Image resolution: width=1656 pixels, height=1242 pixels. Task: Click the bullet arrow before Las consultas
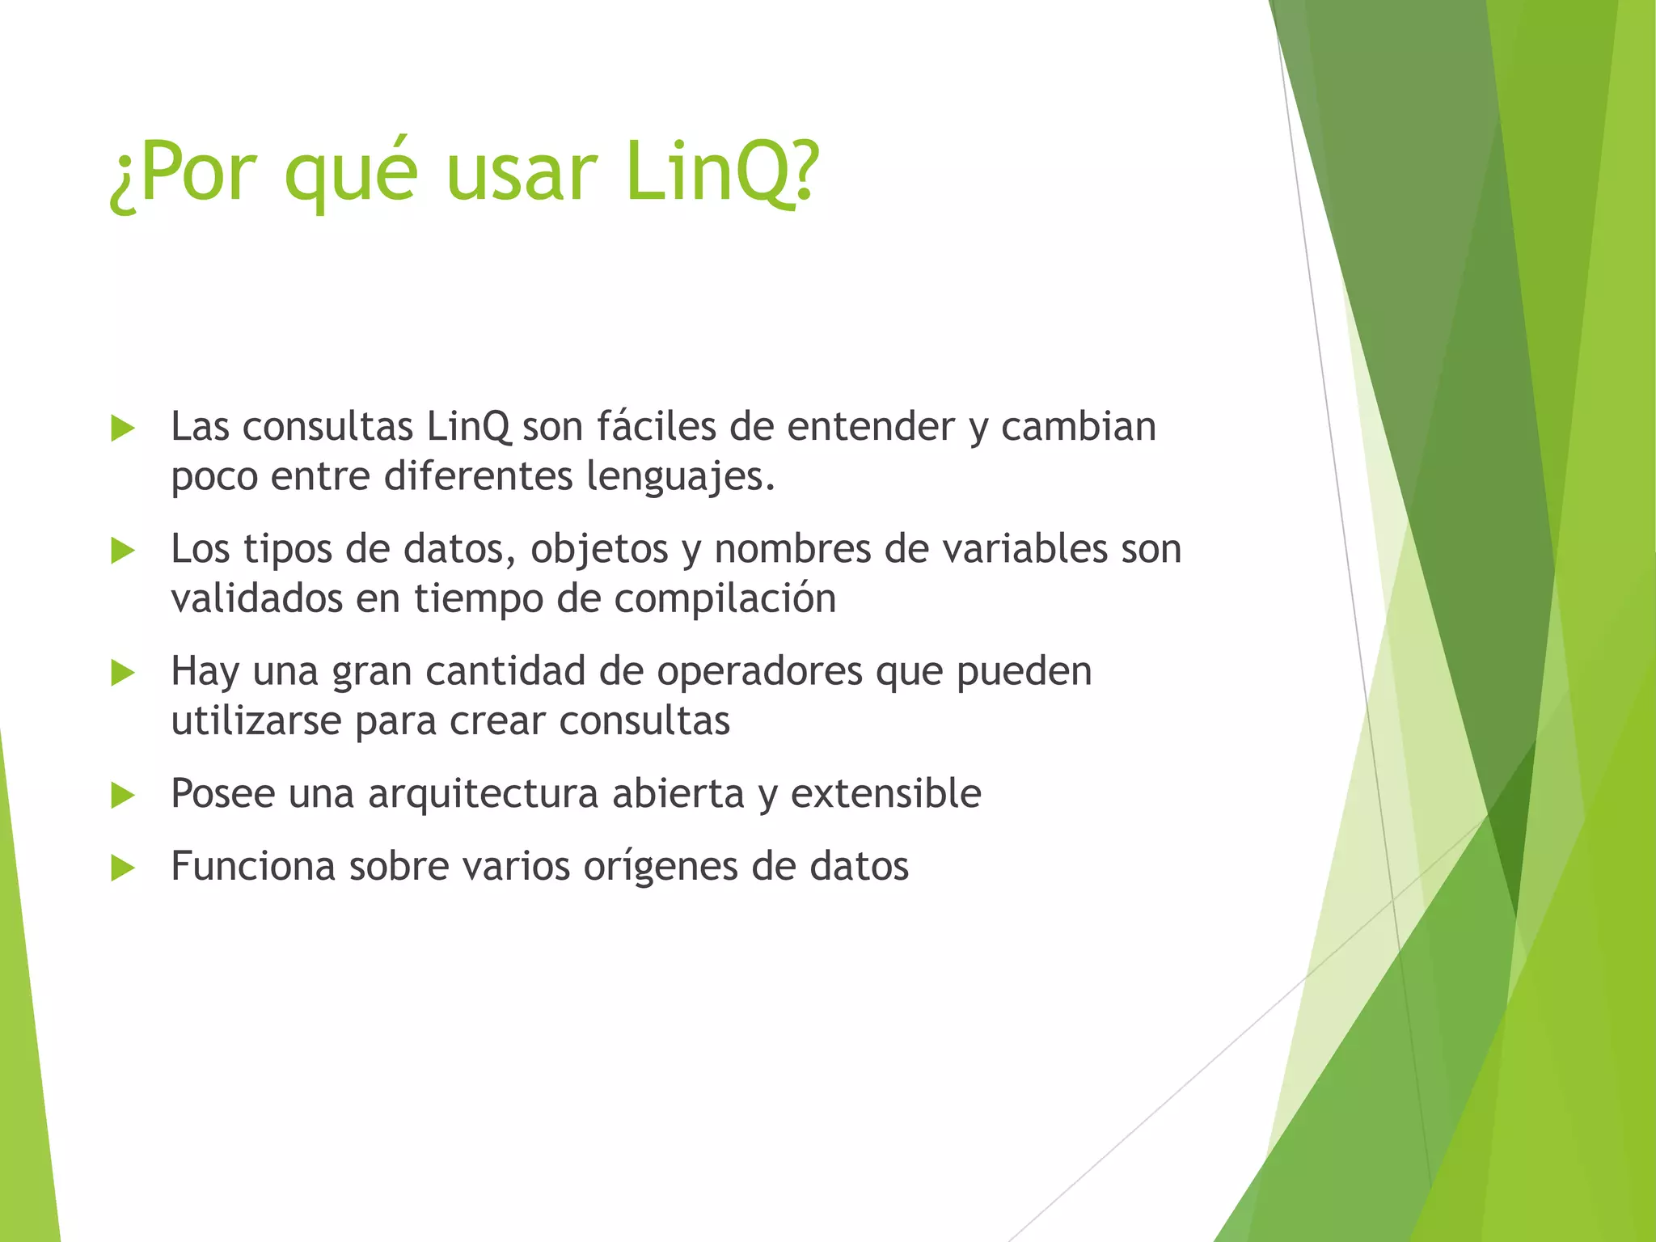122,429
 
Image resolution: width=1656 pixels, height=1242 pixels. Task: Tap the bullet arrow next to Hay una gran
122,673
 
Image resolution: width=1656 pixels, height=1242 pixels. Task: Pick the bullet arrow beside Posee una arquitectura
122,795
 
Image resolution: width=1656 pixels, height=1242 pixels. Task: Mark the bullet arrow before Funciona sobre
122,868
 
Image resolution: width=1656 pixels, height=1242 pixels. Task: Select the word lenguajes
679,477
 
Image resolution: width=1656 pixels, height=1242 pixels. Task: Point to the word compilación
724,599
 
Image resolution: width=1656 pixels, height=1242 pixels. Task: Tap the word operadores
759,673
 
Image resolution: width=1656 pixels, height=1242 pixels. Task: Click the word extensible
885,793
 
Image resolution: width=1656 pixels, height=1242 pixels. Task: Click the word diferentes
478,475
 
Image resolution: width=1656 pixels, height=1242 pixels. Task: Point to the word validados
256,599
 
